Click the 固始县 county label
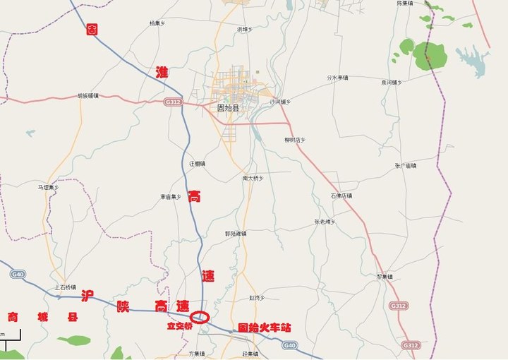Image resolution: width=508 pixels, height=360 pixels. (230, 108)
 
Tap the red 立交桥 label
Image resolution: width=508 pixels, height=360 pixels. (179, 326)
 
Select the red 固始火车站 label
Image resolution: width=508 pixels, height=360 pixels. (264, 328)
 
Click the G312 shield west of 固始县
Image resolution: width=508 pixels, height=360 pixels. (173, 102)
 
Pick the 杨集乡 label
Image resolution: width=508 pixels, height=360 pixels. (157, 23)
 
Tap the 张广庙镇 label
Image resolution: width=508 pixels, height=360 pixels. (406, 165)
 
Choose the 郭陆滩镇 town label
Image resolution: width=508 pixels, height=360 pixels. (236, 233)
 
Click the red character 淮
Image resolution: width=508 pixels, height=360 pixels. (161, 71)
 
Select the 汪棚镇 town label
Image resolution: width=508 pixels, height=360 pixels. (197, 163)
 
